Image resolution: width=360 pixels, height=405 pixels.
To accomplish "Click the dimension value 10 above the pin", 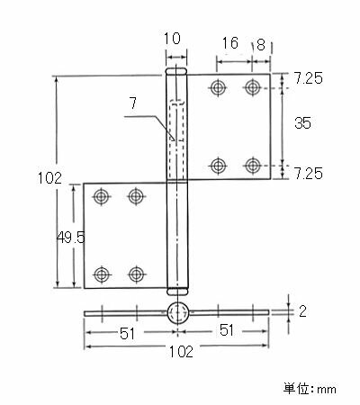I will click(x=175, y=39).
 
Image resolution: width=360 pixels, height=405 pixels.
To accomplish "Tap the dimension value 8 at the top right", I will click(x=260, y=43).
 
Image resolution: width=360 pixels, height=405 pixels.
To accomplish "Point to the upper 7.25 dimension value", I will click(x=309, y=79).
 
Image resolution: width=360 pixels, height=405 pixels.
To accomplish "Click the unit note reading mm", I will click(x=310, y=389).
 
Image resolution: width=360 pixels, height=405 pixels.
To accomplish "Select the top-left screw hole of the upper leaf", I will click(x=217, y=87).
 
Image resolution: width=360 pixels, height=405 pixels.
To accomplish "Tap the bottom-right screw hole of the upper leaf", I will click(x=253, y=165).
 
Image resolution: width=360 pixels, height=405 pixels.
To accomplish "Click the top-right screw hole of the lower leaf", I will click(x=136, y=195).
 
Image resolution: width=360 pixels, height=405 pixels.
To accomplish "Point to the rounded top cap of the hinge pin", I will click(x=176, y=71).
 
